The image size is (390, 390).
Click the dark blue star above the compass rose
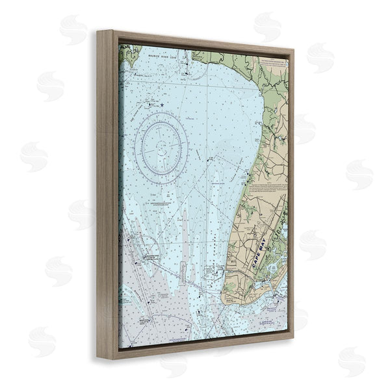(162, 104)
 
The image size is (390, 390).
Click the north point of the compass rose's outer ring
(162, 112)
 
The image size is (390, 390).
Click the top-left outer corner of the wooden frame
(97, 30)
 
